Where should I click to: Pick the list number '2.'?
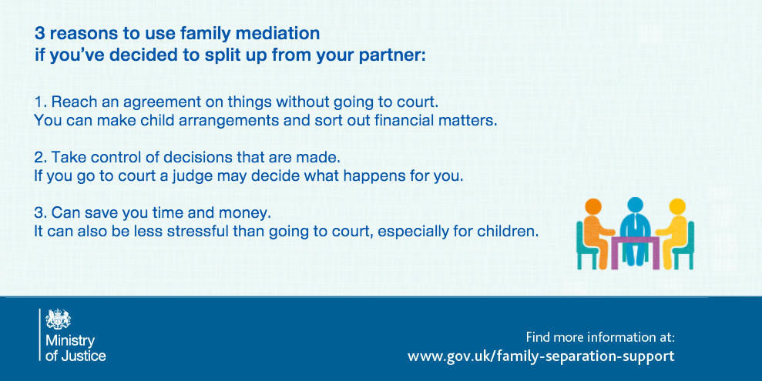click(x=41, y=157)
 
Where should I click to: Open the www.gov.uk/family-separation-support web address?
click(x=541, y=356)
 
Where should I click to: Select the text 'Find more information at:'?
click(x=600, y=337)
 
